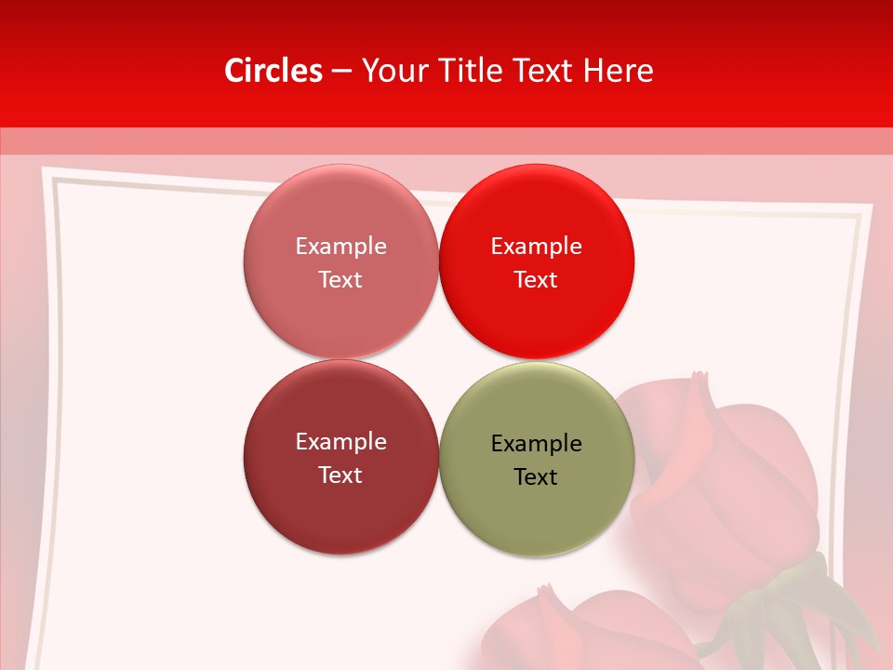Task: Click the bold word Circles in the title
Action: click(x=273, y=71)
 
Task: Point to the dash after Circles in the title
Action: click(x=341, y=72)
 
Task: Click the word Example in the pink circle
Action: click(x=340, y=246)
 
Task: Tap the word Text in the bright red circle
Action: click(x=536, y=279)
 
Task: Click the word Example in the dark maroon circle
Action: click(x=340, y=441)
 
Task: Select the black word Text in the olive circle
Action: click(x=536, y=476)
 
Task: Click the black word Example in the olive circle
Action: click(x=536, y=443)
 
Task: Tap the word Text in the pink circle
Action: click(x=340, y=279)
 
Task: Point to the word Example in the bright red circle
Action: click(x=536, y=246)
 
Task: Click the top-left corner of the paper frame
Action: click(x=47, y=173)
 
